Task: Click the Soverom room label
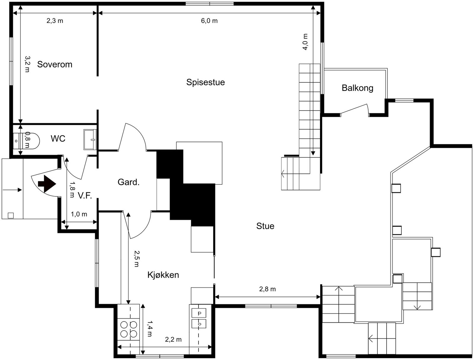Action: point(55,64)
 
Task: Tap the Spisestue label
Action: point(206,82)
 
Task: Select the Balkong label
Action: point(357,88)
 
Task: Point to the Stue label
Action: point(265,226)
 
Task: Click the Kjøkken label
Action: point(163,275)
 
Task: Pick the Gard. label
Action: point(129,182)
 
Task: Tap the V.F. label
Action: point(85,196)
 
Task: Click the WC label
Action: point(58,139)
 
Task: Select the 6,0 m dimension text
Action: point(209,21)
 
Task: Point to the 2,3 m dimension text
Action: point(55,21)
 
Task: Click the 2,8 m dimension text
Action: point(267,289)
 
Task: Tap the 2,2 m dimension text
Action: point(173,340)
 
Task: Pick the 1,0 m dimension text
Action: point(79,214)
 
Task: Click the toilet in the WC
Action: point(26,141)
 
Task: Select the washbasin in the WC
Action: point(90,140)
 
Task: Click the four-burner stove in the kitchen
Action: point(129,329)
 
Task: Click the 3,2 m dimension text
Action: point(28,64)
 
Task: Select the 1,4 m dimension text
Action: point(150,329)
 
